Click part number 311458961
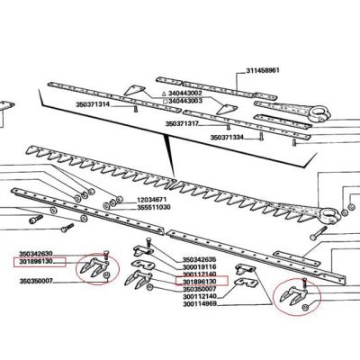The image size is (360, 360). pyautogui.click(x=263, y=71)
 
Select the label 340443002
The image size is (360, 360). pyautogui.click(x=184, y=94)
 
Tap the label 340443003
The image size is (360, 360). pyautogui.click(x=184, y=101)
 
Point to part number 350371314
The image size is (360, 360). pyautogui.click(x=93, y=104)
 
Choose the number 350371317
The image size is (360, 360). pyautogui.click(x=182, y=123)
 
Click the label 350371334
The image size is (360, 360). pyautogui.click(x=227, y=138)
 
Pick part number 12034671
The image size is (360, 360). pyautogui.click(x=152, y=200)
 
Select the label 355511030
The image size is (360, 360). pyautogui.click(x=154, y=207)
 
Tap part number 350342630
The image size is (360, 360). pyautogui.click(x=36, y=254)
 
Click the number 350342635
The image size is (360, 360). pyautogui.click(x=199, y=259)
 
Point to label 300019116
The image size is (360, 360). pyautogui.click(x=199, y=267)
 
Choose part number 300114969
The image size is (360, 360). pyautogui.click(x=200, y=304)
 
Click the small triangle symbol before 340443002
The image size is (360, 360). pyautogui.click(x=164, y=94)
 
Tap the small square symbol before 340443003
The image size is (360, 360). pyautogui.click(x=165, y=101)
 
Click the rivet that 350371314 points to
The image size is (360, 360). pyautogui.click(x=135, y=109)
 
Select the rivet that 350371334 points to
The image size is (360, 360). pyautogui.click(x=261, y=138)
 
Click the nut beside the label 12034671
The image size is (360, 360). pyautogui.click(x=120, y=199)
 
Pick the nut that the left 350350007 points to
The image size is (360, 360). pyautogui.click(x=108, y=275)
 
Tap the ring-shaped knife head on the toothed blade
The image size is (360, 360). pyautogui.click(x=330, y=215)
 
